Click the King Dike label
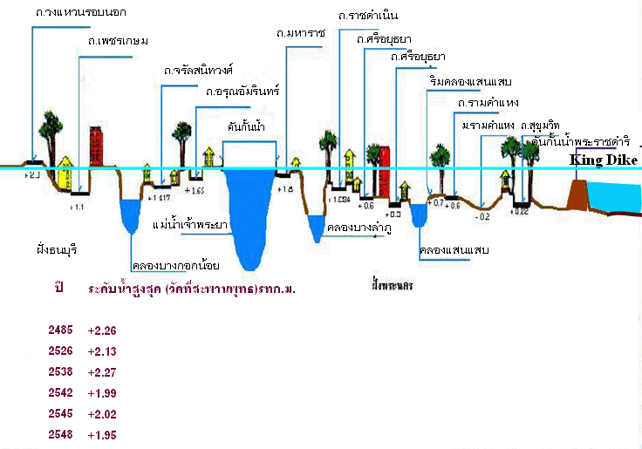pyautogui.click(x=604, y=160)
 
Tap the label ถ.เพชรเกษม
pyautogui.click(x=118, y=40)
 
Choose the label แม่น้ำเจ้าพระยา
pyautogui.click(x=190, y=224)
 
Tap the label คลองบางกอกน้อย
pyautogui.click(x=175, y=265)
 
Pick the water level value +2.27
pyautogui.click(x=102, y=372)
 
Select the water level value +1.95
pyautogui.click(x=102, y=434)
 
